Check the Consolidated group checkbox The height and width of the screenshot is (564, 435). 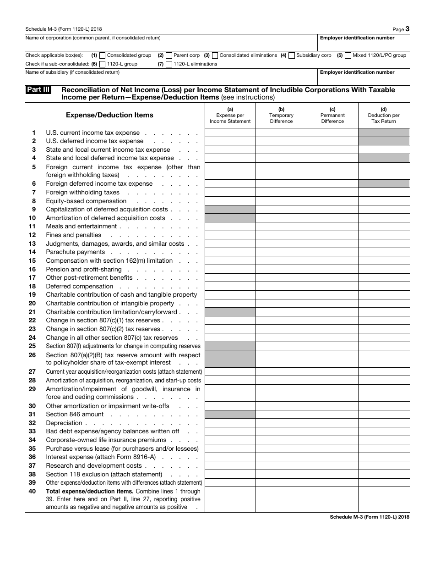click(102, 55)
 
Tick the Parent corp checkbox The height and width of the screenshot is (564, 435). click(169, 55)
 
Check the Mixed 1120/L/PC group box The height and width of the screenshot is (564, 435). click(348, 55)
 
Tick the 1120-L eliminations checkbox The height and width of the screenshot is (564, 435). click(169, 64)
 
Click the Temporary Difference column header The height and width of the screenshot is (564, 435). click(281, 116)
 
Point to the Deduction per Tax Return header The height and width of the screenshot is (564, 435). click(383, 116)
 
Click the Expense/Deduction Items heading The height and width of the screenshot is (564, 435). click(109, 115)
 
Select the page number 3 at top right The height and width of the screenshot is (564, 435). click(407, 29)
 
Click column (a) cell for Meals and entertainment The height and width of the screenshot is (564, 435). click(230, 227)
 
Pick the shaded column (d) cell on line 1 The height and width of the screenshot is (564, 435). click(384, 133)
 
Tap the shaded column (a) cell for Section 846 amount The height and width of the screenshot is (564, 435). click(230, 415)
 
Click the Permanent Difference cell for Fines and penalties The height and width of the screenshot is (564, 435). click(332, 235)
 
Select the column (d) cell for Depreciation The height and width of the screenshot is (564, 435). click(384, 423)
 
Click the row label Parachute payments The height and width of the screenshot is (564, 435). click(76, 252)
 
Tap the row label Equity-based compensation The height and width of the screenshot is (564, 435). click(86, 201)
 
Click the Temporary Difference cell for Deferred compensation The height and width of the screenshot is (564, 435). click(281, 287)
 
